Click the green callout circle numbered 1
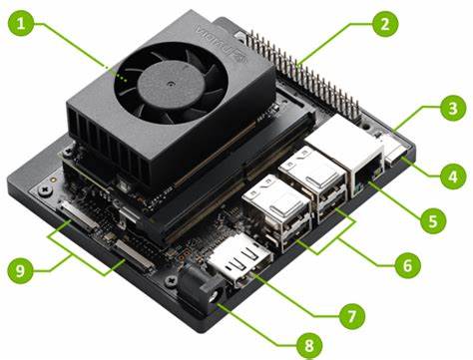pyautogui.click(x=21, y=23)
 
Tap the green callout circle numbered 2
pyautogui.click(x=385, y=24)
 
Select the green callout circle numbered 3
pyautogui.click(x=453, y=109)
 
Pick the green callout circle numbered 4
pyautogui.click(x=453, y=177)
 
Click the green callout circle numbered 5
pyautogui.click(x=433, y=220)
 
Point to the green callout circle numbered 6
pyautogui.click(x=408, y=265)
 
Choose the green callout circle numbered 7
pyautogui.click(x=352, y=316)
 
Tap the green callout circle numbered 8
pyautogui.click(x=309, y=345)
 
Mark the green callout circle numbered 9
pyautogui.click(x=21, y=270)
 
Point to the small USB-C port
pyautogui.click(x=397, y=155)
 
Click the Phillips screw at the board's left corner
pyautogui.click(x=44, y=190)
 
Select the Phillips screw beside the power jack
pyautogui.click(x=171, y=281)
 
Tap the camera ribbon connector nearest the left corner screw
pyautogui.click(x=79, y=217)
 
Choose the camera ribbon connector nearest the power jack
pyautogui.click(x=134, y=255)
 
